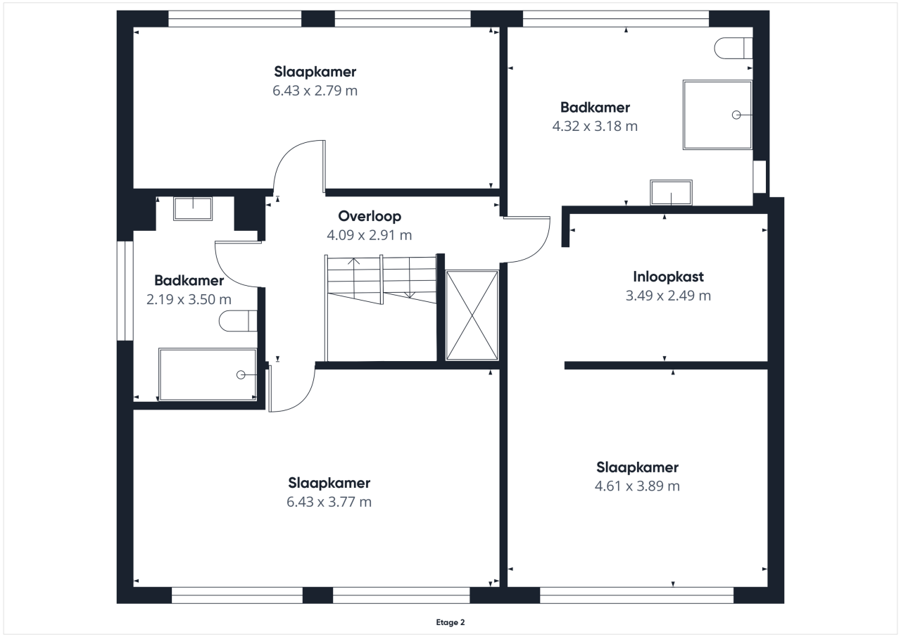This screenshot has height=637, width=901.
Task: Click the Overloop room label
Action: (370, 216)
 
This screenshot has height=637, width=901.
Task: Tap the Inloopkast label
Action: (668, 277)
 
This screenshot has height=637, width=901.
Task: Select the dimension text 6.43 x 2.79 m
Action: (315, 91)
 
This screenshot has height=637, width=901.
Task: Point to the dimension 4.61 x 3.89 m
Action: (637, 486)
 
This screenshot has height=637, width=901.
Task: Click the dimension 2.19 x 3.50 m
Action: (189, 300)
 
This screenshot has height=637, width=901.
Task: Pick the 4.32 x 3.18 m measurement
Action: (595, 126)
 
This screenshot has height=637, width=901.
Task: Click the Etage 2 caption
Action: (450, 622)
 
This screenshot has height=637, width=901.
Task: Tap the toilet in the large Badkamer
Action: (733, 49)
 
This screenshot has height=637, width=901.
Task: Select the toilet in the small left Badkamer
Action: (238, 321)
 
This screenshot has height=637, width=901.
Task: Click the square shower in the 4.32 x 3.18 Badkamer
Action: (717, 115)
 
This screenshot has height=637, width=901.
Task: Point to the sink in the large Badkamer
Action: (671, 192)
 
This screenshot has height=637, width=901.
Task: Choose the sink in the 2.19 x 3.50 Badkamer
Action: (193, 209)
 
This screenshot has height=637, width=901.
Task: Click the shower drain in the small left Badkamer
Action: (241, 375)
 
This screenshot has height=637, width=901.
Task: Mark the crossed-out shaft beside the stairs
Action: (472, 315)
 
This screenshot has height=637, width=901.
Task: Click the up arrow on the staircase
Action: (353, 278)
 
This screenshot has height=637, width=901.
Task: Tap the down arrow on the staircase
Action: (410, 277)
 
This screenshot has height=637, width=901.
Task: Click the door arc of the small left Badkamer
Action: (227, 275)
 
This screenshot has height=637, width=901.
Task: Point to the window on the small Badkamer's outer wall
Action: (125, 291)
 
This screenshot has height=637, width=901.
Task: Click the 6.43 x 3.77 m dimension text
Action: (329, 503)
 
